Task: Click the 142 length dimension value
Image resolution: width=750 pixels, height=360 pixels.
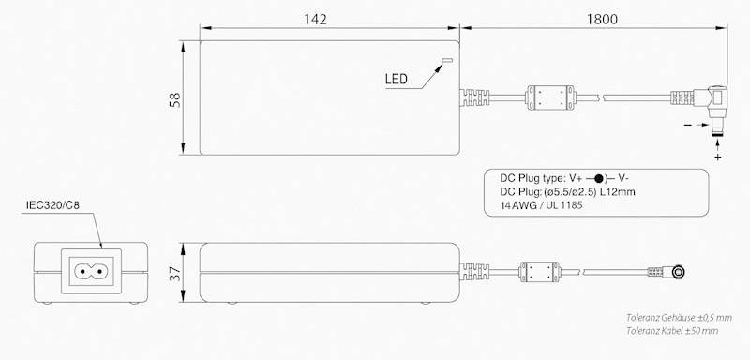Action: tap(315, 19)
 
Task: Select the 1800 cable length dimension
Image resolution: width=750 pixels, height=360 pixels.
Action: tap(602, 19)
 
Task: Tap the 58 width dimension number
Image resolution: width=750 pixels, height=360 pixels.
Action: tap(175, 99)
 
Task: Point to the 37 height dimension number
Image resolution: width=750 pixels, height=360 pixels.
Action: tap(175, 274)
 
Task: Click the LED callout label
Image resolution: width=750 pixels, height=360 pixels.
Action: tap(396, 79)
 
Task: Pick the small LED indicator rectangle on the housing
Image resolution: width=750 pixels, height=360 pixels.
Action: tap(447, 61)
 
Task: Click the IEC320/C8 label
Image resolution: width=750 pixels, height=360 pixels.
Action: tap(52, 205)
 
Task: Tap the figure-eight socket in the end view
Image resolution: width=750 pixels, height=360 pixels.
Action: tap(91, 272)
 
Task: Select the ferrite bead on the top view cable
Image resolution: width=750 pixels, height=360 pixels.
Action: tap(550, 97)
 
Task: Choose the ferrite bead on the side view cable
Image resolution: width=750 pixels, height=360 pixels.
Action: tap(539, 273)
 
